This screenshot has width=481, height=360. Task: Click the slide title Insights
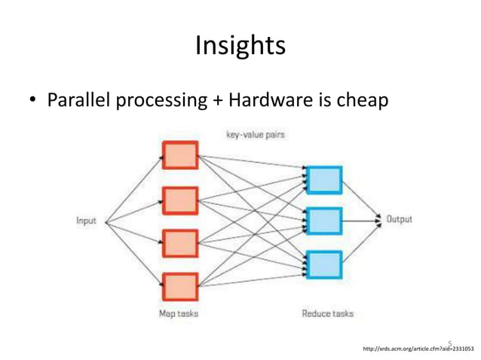pyautogui.click(x=240, y=46)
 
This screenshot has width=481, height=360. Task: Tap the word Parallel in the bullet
pyautogui.click(x=78, y=99)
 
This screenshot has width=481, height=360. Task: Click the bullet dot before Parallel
pyautogui.click(x=33, y=100)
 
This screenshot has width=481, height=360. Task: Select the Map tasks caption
pyautogui.click(x=179, y=313)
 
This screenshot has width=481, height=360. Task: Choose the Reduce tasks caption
pyautogui.click(x=327, y=313)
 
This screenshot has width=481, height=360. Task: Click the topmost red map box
pyautogui.click(x=180, y=155)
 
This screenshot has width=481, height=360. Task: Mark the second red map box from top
pyautogui.click(x=180, y=200)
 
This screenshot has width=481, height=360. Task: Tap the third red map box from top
pyautogui.click(x=180, y=243)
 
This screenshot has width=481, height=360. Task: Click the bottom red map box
pyautogui.click(x=180, y=286)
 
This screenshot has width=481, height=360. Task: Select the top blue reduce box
pyautogui.click(x=324, y=180)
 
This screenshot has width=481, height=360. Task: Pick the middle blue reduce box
pyautogui.click(x=324, y=221)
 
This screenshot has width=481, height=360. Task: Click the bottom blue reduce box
pyautogui.click(x=324, y=264)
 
